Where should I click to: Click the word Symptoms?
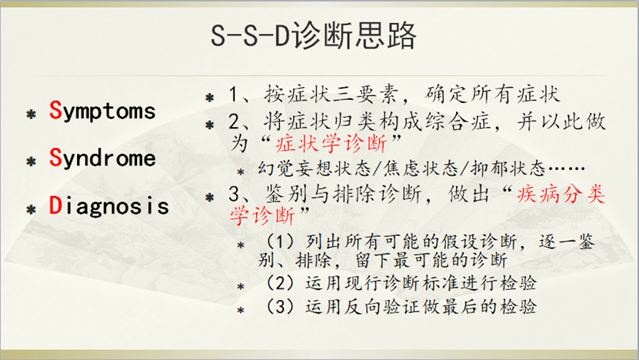point(102,111)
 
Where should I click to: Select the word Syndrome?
point(102,158)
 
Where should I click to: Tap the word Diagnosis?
point(108,206)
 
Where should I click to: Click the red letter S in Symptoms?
point(55,111)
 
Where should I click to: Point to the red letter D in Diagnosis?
point(55,206)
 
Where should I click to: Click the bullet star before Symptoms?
point(32,114)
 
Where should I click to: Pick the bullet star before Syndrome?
point(32,162)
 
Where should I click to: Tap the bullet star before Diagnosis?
point(32,209)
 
